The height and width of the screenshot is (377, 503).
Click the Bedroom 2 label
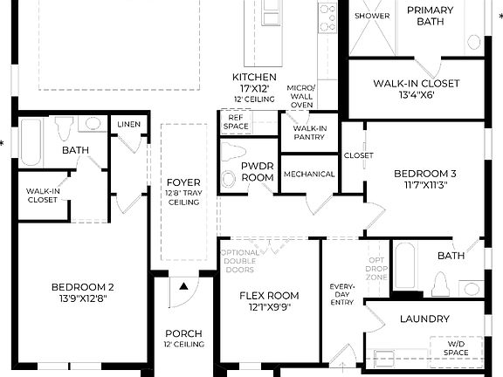(x=82, y=287)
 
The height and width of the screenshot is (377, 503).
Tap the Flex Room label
(x=270, y=296)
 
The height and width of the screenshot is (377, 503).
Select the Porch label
(x=183, y=333)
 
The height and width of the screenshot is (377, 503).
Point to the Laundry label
(x=424, y=319)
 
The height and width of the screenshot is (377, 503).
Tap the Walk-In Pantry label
(x=303, y=132)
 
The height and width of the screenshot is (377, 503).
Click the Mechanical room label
(x=310, y=174)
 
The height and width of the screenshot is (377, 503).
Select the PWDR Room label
(x=258, y=171)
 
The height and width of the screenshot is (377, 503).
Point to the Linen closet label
(x=128, y=125)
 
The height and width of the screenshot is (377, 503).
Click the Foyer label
(x=183, y=182)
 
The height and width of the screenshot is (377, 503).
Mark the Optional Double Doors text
(x=240, y=261)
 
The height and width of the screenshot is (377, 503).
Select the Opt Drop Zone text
(x=376, y=268)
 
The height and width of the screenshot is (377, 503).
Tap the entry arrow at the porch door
(x=184, y=284)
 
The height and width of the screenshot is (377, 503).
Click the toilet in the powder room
(x=229, y=178)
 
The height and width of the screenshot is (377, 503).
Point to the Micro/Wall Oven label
(x=301, y=96)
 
